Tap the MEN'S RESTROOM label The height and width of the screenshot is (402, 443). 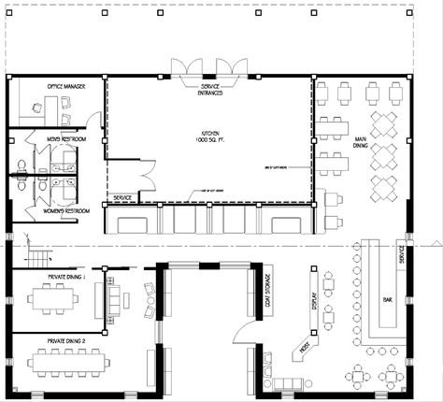click(x=66, y=138)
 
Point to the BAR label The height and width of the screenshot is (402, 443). click(x=387, y=301)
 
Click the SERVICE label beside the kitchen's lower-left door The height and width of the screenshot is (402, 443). click(x=121, y=198)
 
